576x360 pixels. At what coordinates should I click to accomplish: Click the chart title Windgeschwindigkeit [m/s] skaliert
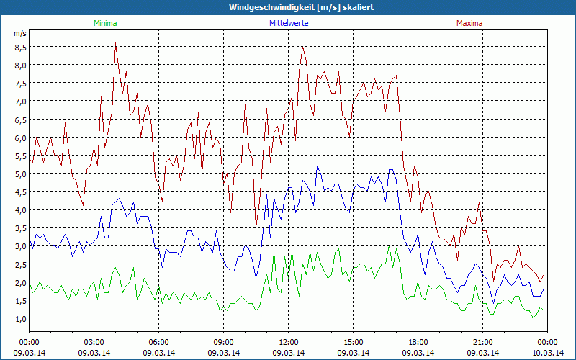pyautogui.click(x=288, y=6)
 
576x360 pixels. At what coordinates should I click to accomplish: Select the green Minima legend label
pyautogui.click(x=104, y=23)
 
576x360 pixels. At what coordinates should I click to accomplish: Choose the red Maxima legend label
pyautogui.click(x=469, y=23)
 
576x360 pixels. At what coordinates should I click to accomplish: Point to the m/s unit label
pyautogui.click(x=20, y=34)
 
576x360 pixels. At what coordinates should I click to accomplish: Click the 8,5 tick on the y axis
pyautogui.click(x=20, y=47)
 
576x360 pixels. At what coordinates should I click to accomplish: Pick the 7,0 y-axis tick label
pyautogui.click(x=20, y=101)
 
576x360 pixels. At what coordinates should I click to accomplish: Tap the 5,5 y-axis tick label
pyautogui.click(x=20, y=156)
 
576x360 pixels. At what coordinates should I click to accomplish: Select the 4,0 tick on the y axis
pyautogui.click(x=20, y=210)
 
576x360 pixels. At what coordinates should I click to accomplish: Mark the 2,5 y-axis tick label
pyautogui.click(x=20, y=264)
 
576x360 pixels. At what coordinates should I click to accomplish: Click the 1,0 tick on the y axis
pyautogui.click(x=20, y=318)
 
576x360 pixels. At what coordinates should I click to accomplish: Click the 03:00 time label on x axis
pyautogui.click(x=94, y=342)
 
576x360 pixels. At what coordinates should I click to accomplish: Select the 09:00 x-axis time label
pyautogui.click(x=223, y=342)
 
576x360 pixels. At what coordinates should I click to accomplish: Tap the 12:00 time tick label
pyautogui.click(x=288, y=342)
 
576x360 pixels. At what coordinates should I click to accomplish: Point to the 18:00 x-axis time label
pyautogui.click(x=418, y=342)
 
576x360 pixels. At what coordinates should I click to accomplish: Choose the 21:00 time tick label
pyautogui.click(x=482, y=342)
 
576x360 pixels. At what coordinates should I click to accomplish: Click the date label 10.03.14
pyautogui.click(x=547, y=352)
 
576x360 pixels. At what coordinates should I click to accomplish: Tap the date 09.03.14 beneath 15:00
pyautogui.click(x=353, y=352)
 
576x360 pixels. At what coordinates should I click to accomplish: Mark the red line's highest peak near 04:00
pyautogui.click(x=116, y=43)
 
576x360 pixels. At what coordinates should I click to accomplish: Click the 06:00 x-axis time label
pyautogui.click(x=158, y=342)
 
